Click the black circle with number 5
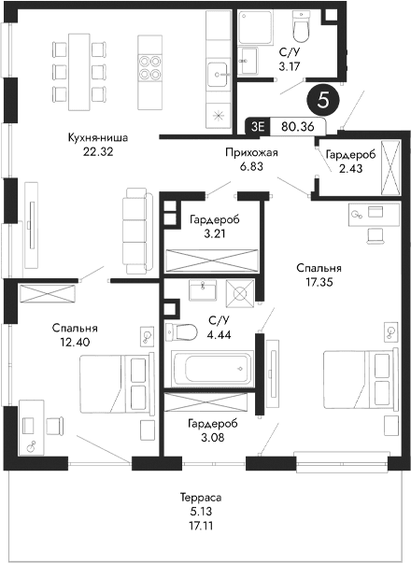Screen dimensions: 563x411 (324, 97)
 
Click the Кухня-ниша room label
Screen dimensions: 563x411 (97, 138)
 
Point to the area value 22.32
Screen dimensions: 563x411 (97, 151)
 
